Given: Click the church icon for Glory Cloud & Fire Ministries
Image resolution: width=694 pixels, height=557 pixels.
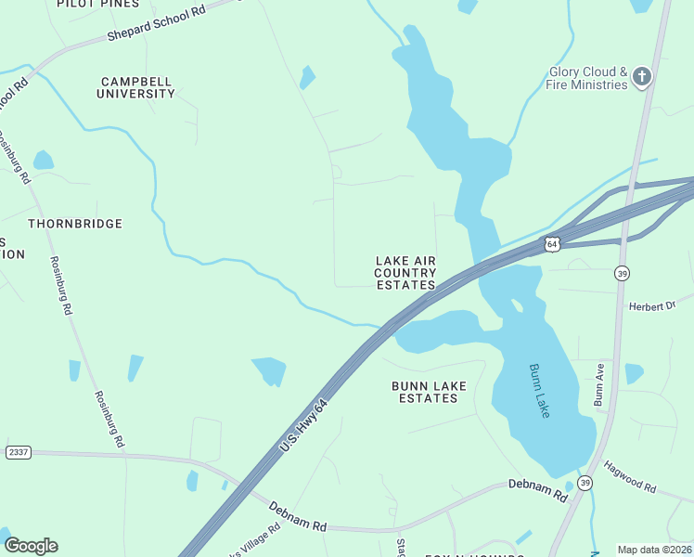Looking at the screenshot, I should point(643,78).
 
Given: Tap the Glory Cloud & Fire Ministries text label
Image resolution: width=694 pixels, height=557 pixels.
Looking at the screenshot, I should point(587,78).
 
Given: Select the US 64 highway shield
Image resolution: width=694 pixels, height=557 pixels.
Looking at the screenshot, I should point(552,243).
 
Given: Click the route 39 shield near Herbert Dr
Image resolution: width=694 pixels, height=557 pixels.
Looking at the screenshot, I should point(622,272).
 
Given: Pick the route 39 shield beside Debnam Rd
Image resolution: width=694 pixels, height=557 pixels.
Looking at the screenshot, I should point(584,483).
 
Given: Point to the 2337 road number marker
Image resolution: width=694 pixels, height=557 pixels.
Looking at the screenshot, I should point(18,452).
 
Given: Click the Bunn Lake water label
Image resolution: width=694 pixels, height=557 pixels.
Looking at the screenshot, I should point(539,390).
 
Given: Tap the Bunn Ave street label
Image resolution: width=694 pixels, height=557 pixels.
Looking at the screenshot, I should point(598,384).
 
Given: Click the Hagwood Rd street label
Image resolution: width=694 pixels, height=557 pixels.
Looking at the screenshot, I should point(630,476).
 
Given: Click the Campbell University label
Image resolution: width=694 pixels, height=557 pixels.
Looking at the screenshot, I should point(136,87).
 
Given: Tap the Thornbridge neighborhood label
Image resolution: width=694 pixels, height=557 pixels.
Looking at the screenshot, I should point(75,224).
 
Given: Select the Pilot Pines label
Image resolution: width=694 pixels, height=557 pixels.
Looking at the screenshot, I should point(92,4).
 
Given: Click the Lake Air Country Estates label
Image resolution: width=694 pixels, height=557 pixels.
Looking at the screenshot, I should point(405,273).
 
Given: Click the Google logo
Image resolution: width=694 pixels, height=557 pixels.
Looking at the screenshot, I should point(31,546).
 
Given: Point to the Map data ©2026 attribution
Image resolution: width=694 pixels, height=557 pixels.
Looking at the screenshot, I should point(653,550).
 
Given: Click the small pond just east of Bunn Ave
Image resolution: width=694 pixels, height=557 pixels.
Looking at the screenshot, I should point(634,373).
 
